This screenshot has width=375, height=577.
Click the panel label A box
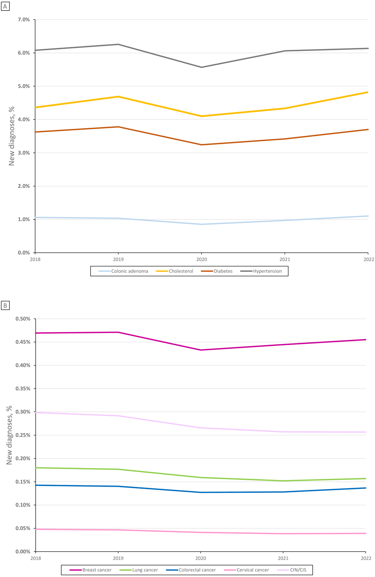point(5,6)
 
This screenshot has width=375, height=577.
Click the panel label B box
point(5,306)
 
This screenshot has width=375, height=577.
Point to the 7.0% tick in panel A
point(24,19)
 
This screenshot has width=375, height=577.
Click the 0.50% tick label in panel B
point(23,319)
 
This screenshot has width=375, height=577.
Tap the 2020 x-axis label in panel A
point(201,259)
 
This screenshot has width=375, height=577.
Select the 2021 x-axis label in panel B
point(283,558)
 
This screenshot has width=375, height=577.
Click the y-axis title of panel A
point(12,136)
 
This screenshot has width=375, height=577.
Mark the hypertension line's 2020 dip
point(201,67)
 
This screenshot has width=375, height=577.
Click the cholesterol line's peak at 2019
point(118,97)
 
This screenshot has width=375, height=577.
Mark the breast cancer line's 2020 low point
point(201,350)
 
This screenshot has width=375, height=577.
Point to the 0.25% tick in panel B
point(23,435)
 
